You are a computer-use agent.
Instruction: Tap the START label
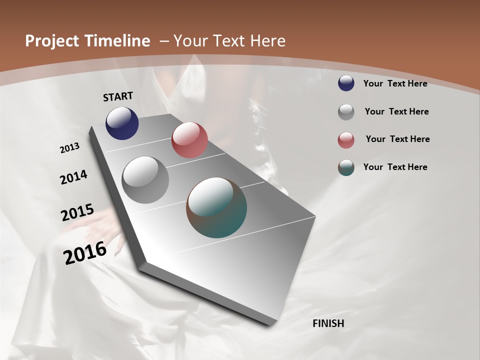pyautogui.click(x=118, y=96)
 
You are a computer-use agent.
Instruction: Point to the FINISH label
pyautogui.click(x=328, y=323)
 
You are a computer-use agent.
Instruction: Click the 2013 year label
pyautogui.click(x=69, y=148)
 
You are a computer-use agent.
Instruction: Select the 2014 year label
pyautogui.click(x=73, y=177)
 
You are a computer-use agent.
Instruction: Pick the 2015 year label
pyautogui.click(x=77, y=212)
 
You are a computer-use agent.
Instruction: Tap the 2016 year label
pyautogui.click(x=85, y=253)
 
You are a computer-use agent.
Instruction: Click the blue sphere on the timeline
pyautogui.click(x=122, y=123)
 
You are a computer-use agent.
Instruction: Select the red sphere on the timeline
pyautogui.click(x=189, y=140)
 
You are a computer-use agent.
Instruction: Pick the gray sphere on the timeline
pyautogui.click(x=145, y=180)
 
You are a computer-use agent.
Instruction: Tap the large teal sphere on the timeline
pyautogui.click(x=216, y=207)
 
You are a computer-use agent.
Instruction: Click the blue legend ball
pyautogui.click(x=346, y=83)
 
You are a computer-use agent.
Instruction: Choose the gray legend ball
pyautogui.click(x=346, y=112)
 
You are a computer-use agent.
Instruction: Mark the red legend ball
pyautogui.click(x=346, y=140)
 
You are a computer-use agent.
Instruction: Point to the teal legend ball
pyautogui.click(x=346, y=167)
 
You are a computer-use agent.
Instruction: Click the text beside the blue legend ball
pyautogui.click(x=395, y=83)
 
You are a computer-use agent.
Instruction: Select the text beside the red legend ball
pyautogui.click(x=397, y=139)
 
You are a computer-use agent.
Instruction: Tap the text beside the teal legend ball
pyautogui.click(x=395, y=167)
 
